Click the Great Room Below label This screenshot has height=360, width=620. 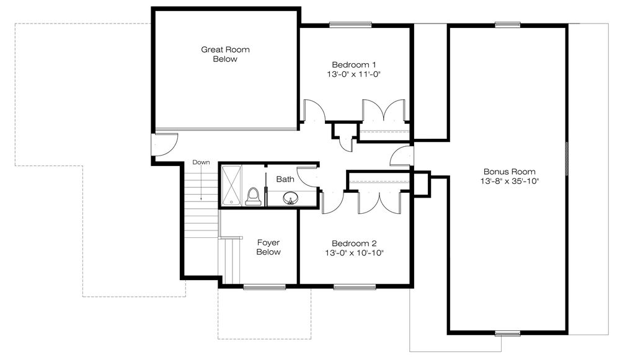click(225, 54)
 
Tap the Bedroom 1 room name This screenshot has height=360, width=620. click(354, 64)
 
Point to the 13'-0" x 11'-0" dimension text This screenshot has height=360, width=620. click(354, 74)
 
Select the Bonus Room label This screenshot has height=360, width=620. click(510, 172)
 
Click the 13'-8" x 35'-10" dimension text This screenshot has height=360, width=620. click(510, 181)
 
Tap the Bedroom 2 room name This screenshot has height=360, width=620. click(354, 244)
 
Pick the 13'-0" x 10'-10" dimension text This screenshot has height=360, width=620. click(354, 253)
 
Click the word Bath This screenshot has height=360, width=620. click(285, 179)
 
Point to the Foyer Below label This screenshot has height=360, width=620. click(268, 247)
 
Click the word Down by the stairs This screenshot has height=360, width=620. click(201, 162)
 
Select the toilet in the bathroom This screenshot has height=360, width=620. click(253, 196)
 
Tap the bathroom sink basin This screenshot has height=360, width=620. click(291, 198)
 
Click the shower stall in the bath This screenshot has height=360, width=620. click(231, 185)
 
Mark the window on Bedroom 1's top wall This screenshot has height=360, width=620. click(350, 25)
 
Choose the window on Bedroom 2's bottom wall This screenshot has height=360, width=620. click(354, 287)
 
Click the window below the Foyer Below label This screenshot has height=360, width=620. click(264, 287)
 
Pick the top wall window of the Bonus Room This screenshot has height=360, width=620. click(508, 25)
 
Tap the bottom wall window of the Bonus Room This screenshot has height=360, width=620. click(508, 333)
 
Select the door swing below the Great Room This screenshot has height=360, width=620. click(165, 144)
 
